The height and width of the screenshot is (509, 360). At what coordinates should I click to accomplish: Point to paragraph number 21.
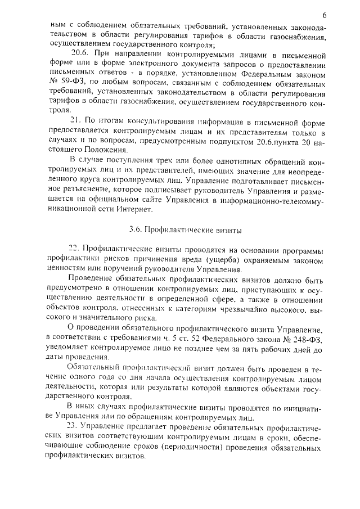click(x=74, y=121)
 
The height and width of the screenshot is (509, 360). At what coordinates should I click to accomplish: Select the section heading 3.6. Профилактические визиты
click(x=185, y=229)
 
